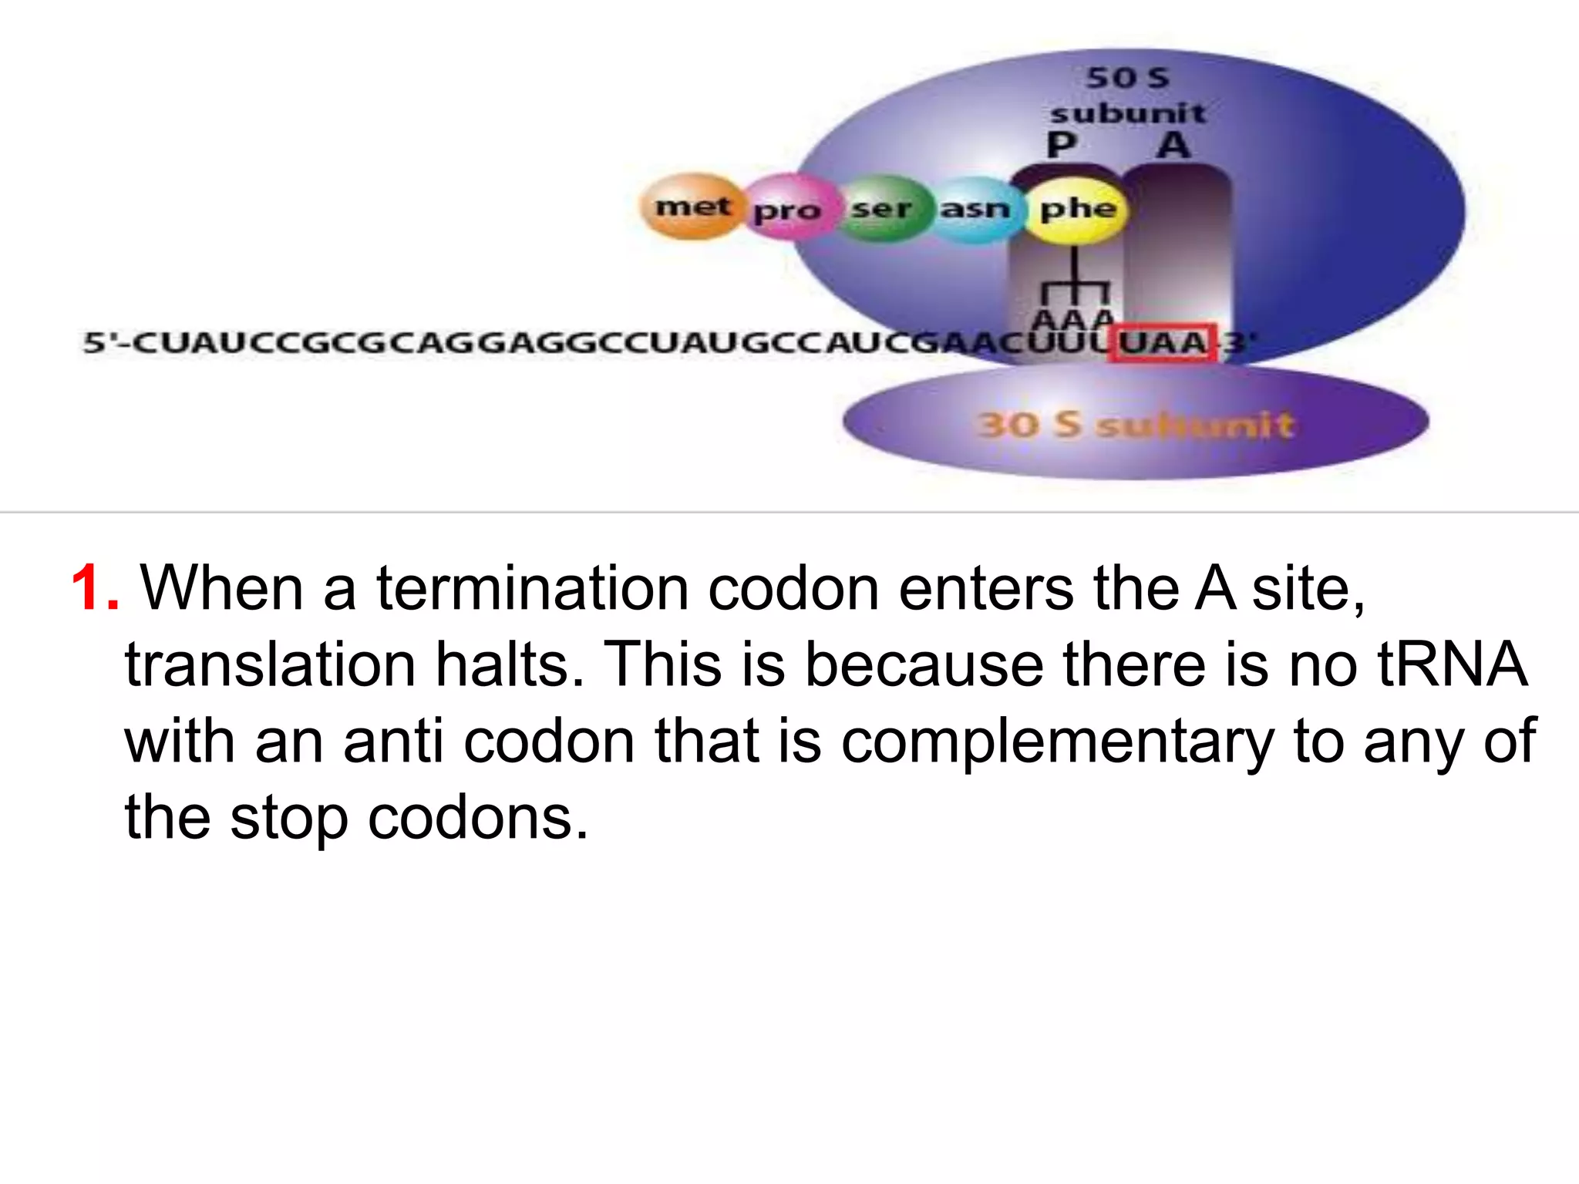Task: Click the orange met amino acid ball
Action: coord(692,207)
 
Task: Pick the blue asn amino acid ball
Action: coord(975,208)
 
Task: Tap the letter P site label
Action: coord(1062,145)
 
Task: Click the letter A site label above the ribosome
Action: coord(1173,145)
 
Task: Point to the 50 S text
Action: coord(1127,78)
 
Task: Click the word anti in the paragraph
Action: coord(393,742)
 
